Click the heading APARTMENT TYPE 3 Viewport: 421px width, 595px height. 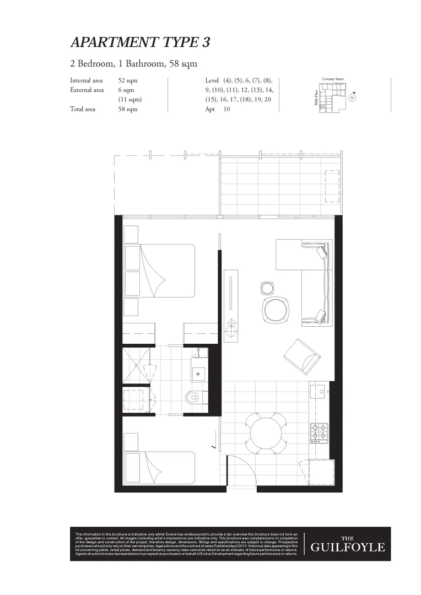click(x=140, y=42)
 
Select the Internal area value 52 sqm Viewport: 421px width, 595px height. click(x=128, y=80)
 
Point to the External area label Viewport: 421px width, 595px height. click(x=87, y=90)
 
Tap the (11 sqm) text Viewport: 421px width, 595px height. click(x=130, y=100)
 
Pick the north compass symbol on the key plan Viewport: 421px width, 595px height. click(x=352, y=98)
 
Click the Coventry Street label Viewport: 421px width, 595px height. click(x=333, y=79)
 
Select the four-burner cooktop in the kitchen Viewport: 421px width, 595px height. click(x=319, y=433)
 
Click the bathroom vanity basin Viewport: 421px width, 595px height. click(x=199, y=373)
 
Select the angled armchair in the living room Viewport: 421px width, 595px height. click(x=301, y=355)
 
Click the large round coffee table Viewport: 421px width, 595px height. click(x=274, y=310)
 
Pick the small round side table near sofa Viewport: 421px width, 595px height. click(x=267, y=288)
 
